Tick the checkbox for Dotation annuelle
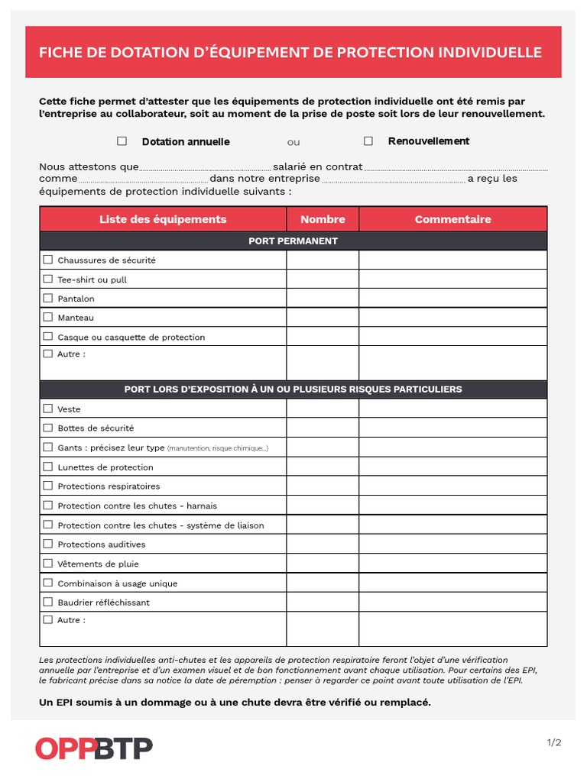point(122,141)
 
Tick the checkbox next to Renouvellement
point(368,141)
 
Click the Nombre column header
point(323,219)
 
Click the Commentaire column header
point(452,219)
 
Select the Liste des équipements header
point(163,219)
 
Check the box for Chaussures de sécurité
point(48,260)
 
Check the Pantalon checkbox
point(48,298)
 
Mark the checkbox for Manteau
point(48,317)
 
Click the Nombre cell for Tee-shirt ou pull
point(323,280)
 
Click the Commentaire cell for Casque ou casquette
point(452,337)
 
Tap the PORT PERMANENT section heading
point(293,241)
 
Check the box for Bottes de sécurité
point(48,428)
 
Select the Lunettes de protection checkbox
point(48,467)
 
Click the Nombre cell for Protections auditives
point(323,544)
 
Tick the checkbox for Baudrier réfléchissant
point(48,602)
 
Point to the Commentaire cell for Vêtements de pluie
point(452,564)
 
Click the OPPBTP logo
point(94,748)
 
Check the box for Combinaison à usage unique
point(48,583)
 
